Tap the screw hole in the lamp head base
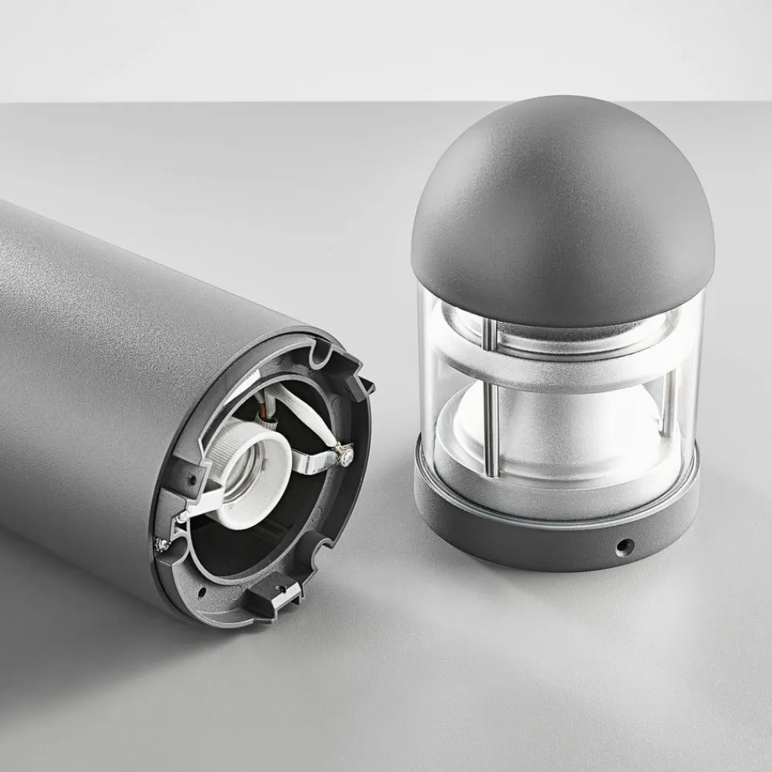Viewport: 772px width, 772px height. coord(623,547)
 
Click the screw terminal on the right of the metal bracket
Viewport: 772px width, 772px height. coord(345,457)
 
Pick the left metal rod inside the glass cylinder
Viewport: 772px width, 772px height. coord(490,401)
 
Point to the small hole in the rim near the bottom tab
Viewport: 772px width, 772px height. coord(202,593)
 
